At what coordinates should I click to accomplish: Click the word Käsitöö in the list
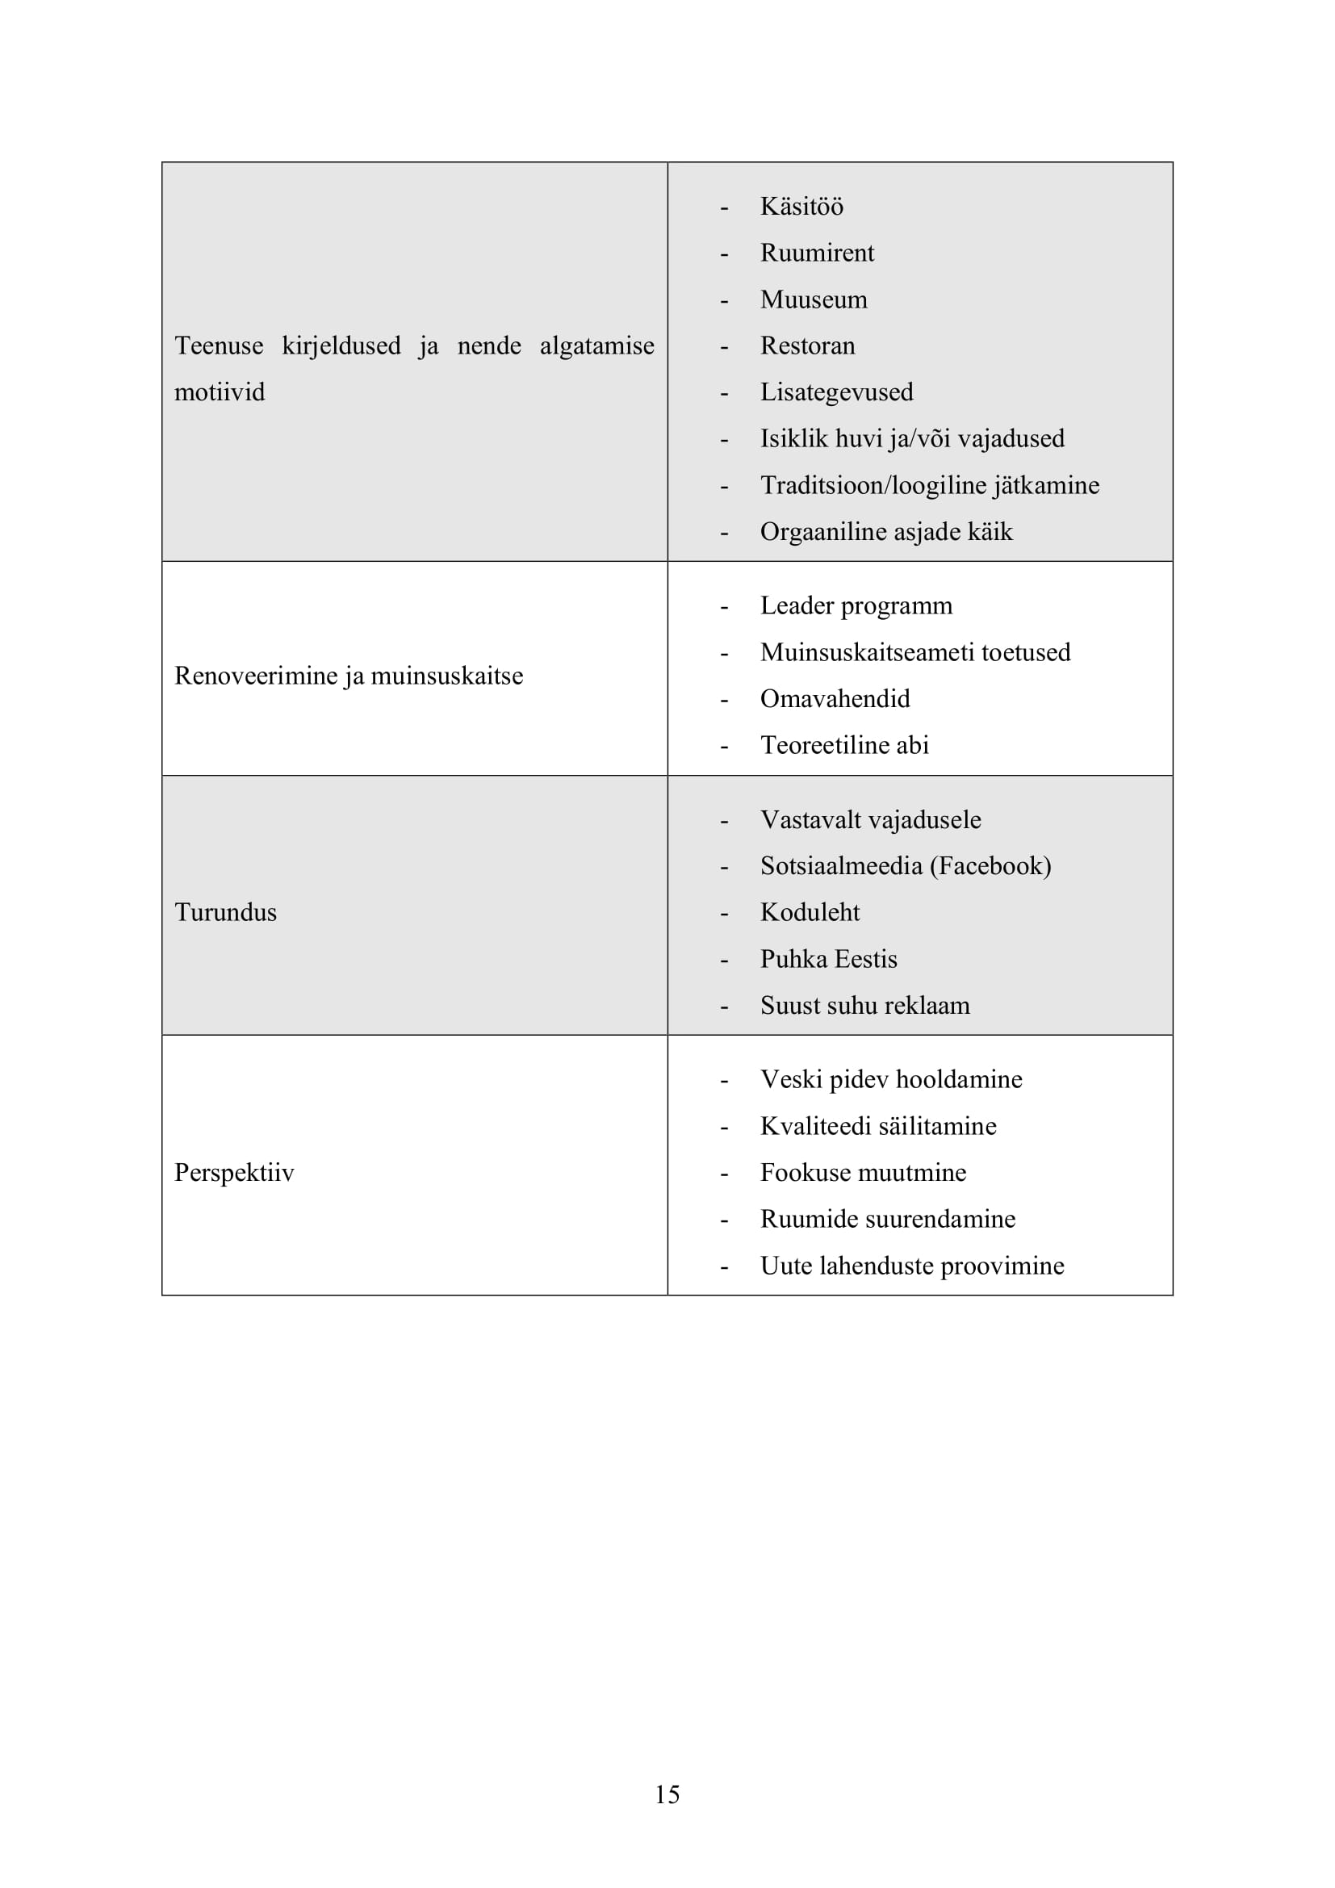coord(801,207)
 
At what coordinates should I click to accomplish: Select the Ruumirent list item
coord(816,253)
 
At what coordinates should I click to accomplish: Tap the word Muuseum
coord(813,299)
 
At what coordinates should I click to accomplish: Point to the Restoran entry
coord(807,345)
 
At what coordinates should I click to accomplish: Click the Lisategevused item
coord(836,392)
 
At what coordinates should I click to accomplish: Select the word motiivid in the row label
coord(220,392)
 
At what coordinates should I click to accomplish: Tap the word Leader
coord(797,606)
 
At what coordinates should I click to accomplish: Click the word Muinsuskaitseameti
coord(867,652)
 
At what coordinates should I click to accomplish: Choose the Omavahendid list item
coord(835,699)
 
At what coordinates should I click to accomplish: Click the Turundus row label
coord(225,913)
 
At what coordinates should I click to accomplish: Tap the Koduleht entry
coord(809,913)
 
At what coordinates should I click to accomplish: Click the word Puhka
coord(793,960)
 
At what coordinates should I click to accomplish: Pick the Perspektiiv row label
coord(233,1173)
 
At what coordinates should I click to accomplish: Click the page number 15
coord(667,1795)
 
